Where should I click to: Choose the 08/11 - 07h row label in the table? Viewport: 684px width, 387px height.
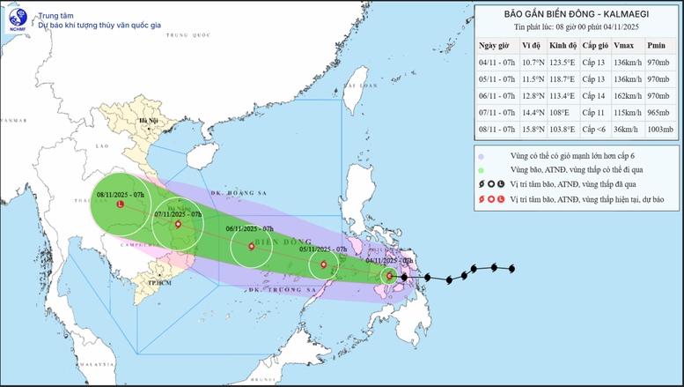tap(494, 129)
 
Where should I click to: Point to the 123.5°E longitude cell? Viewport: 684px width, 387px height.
tap(562, 61)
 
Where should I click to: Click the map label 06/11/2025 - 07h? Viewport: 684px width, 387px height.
tap(252, 228)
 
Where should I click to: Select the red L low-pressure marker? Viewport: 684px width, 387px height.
tap(120, 205)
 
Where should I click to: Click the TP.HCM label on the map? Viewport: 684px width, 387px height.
tap(159, 282)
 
